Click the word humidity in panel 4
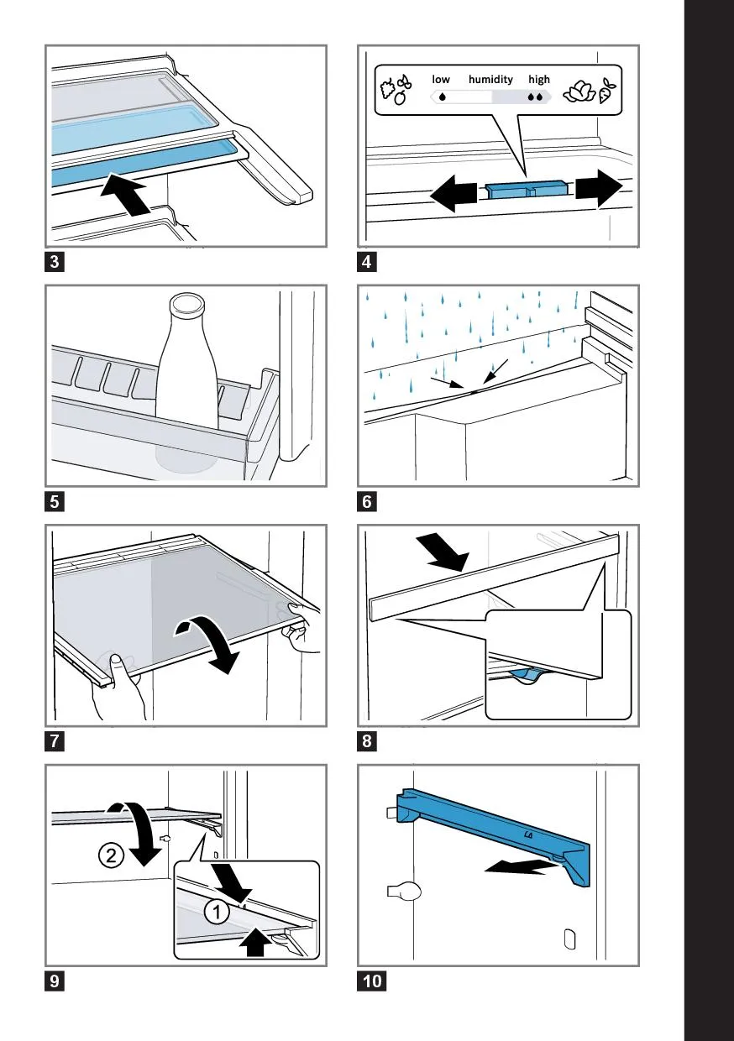pyautogui.click(x=490, y=80)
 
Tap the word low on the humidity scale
pyautogui.click(x=441, y=80)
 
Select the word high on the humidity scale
pyautogui.click(x=539, y=80)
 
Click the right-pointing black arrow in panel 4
pyautogui.click(x=599, y=189)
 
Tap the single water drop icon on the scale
pyautogui.click(x=443, y=97)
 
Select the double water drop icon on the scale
pyautogui.click(x=535, y=97)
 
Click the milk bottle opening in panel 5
pyautogui.click(x=187, y=302)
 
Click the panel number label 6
pyautogui.click(x=367, y=501)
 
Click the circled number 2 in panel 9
pyautogui.click(x=111, y=855)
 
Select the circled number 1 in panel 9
pyautogui.click(x=217, y=912)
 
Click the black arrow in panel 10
pyautogui.click(x=521, y=866)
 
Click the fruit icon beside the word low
pyautogui.click(x=396, y=90)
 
